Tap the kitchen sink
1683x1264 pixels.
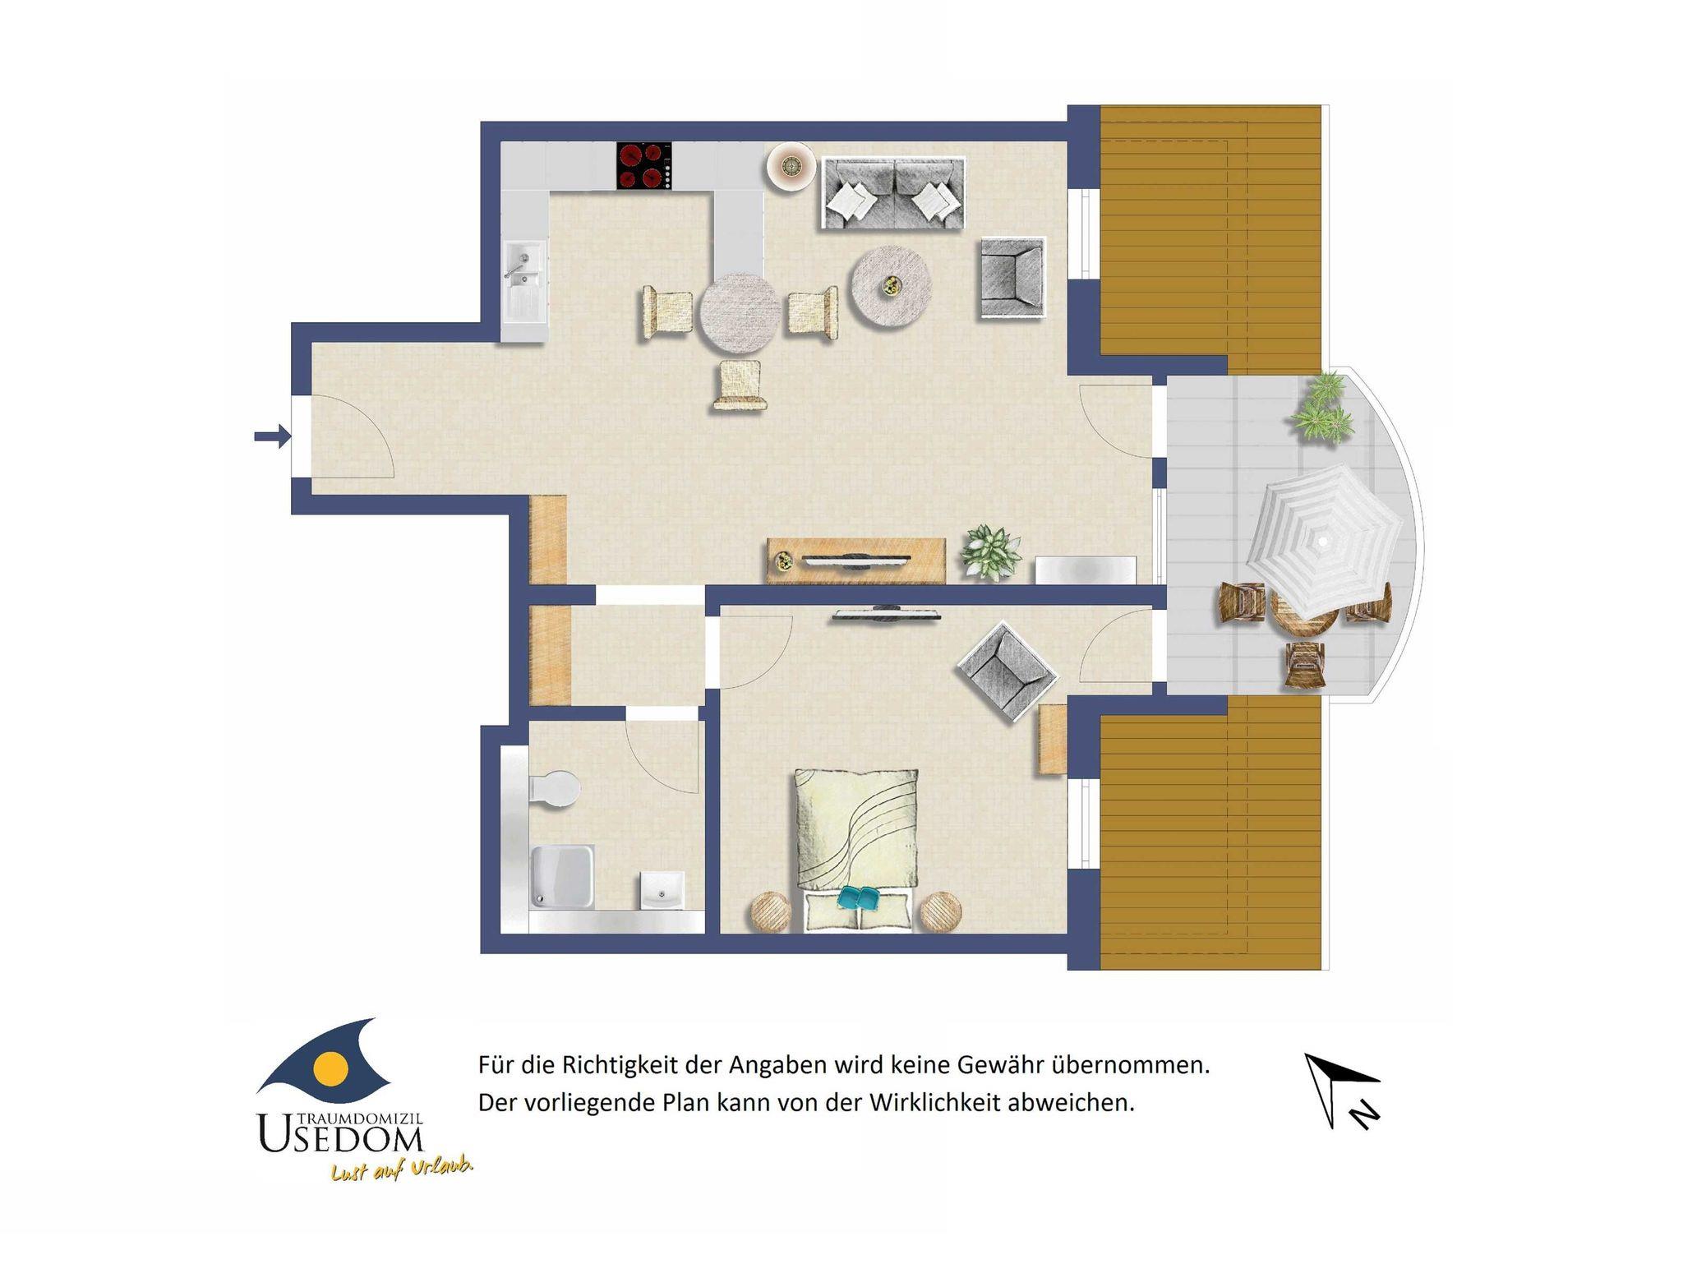tap(524, 281)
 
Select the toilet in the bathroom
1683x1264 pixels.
tap(555, 790)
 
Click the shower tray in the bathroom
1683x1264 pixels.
tap(563, 878)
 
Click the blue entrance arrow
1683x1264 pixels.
tap(272, 436)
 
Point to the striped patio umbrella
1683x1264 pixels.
tap(1323, 542)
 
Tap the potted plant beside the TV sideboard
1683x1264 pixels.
tap(990, 550)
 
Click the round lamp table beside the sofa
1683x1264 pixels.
tap(791, 167)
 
